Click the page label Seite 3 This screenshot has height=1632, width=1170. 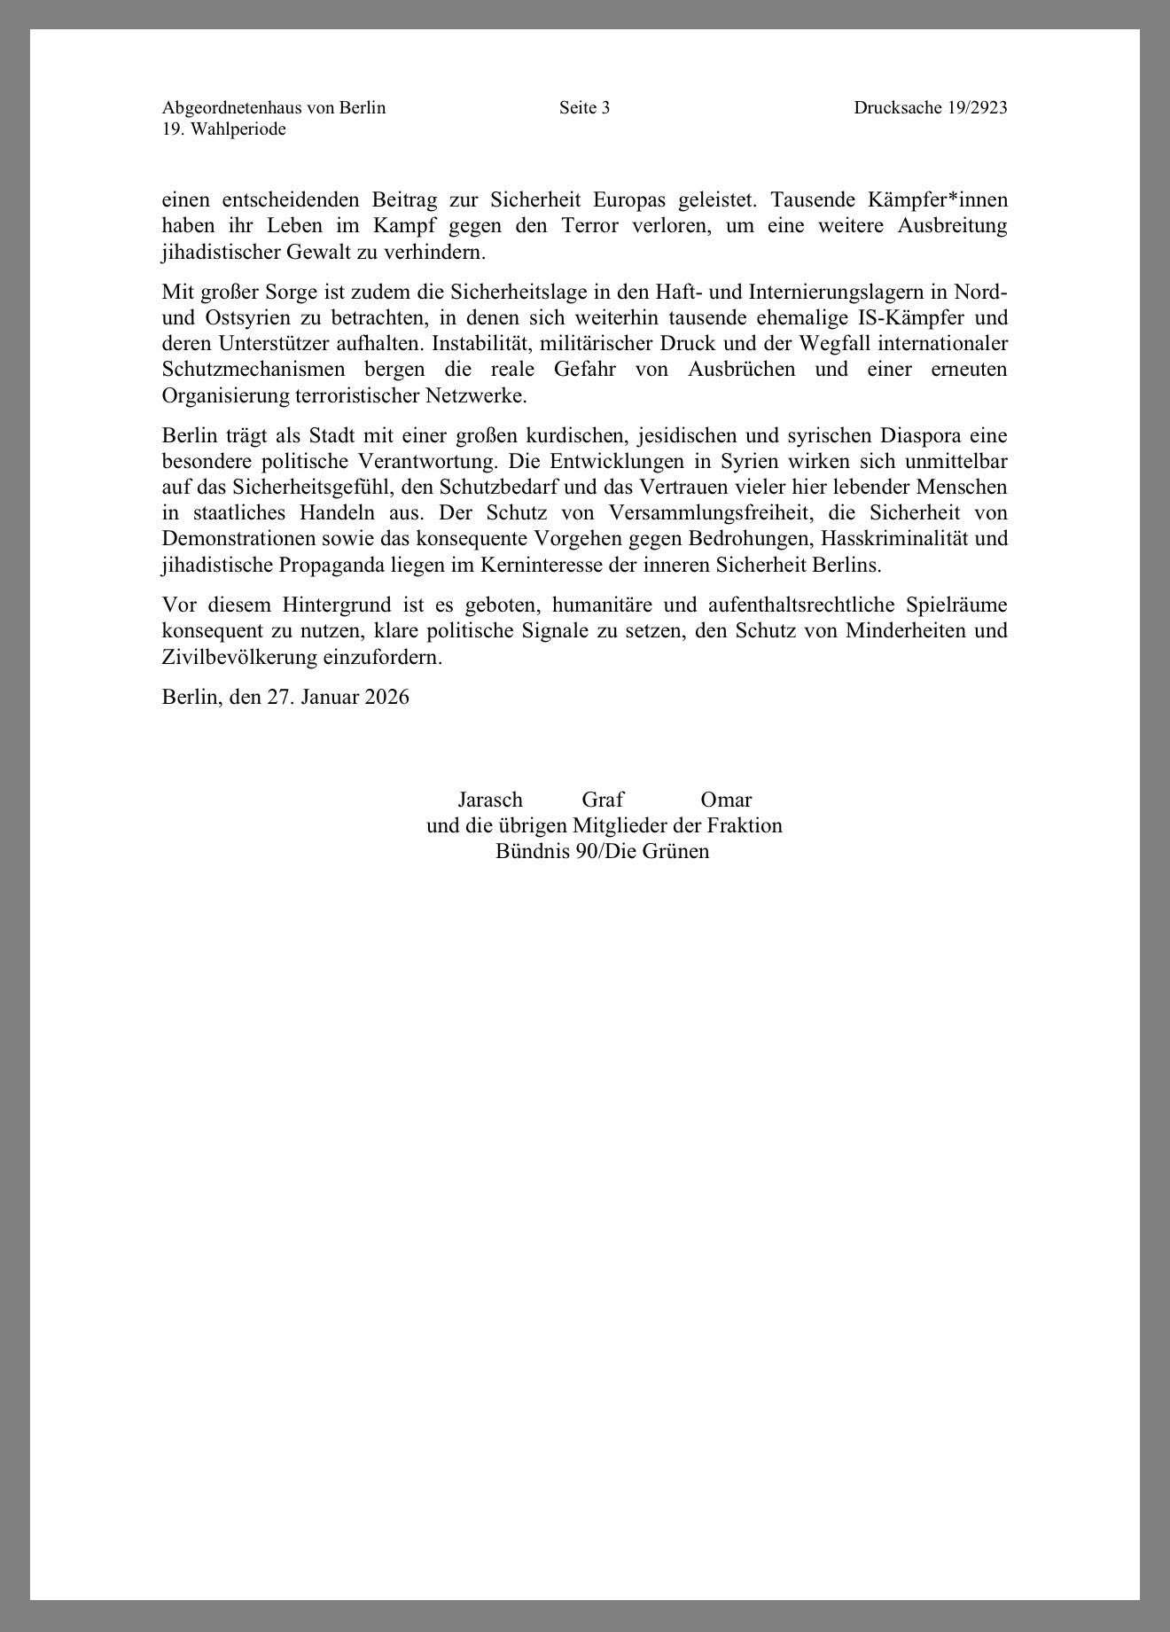(584, 108)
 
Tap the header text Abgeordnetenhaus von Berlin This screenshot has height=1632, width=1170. (274, 108)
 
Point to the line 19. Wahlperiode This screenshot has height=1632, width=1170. (223, 129)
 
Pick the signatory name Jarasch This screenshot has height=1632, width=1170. (490, 800)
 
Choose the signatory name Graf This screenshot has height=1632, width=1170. (603, 800)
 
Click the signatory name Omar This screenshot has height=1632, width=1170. (726, 800)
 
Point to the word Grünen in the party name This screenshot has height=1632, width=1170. (676, 852)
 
